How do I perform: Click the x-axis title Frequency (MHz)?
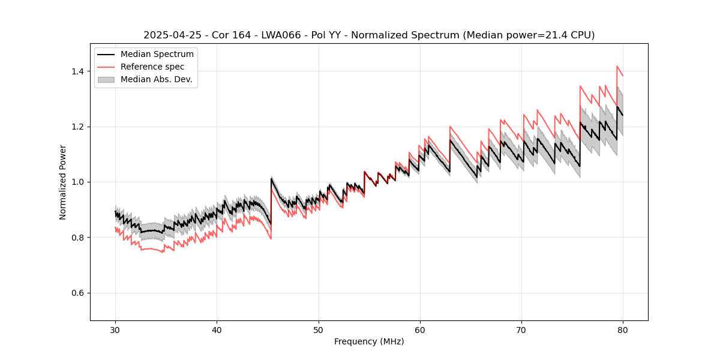369,341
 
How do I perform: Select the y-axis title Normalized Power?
63,182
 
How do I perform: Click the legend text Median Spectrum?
157,55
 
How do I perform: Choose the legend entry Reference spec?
152,67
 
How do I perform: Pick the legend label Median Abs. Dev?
156,79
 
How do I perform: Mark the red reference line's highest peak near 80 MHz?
617,66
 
